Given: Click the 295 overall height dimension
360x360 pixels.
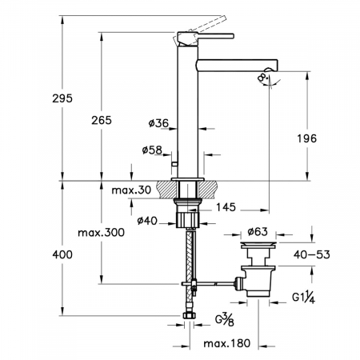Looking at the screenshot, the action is pos(62,98).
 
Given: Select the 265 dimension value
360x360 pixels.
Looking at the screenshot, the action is pos(102,121).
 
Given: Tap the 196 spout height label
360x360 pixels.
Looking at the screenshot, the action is pos(307,138).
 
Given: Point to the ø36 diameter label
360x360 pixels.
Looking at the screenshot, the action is pos(158,123).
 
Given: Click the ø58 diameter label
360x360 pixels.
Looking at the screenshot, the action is pos(152,150).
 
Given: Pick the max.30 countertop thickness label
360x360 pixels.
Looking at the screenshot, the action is pos(131,190).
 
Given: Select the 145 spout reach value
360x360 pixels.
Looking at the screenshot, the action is pos(226,207).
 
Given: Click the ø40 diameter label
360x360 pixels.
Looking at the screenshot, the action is pos(147,221).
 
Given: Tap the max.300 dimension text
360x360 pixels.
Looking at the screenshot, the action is pos(101,233).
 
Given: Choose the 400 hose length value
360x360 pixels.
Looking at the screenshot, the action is pos(62,254).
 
